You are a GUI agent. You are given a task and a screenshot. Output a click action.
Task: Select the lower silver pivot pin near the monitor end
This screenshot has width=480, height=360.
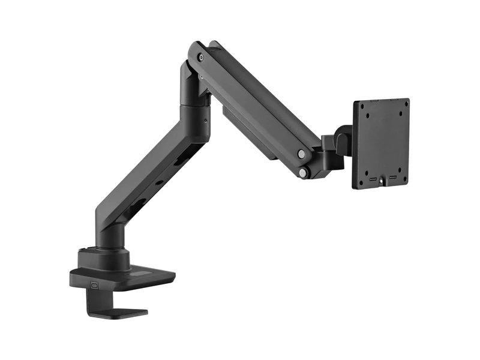pyautogui.click(x=304, y=173)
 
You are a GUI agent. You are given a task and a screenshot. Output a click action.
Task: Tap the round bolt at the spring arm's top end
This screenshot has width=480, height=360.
pyautogui.click(x=201, y=58)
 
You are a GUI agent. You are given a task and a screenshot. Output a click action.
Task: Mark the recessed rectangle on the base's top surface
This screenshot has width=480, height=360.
pyautogui.click(x=144, y=275)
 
